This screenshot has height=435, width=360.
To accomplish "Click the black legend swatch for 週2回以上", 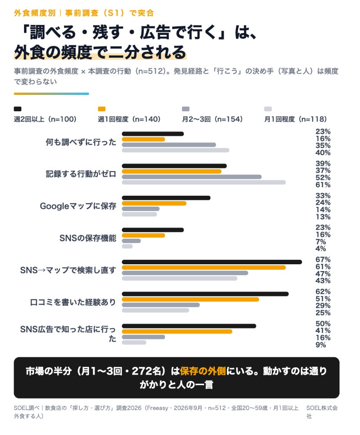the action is coord(17,109).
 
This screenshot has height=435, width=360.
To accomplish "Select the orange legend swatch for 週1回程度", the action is coord(102,109).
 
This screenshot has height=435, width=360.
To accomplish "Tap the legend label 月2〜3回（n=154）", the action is coord(213,119).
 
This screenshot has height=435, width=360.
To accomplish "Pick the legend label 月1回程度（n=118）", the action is coord(295,119).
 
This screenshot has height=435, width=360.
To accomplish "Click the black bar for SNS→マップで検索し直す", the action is coord(212,262).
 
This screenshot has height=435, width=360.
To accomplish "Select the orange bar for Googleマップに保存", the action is coord(154,203).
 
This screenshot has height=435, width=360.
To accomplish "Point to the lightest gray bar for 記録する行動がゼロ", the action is coord(204,182).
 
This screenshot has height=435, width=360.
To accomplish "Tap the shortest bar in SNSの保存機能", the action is coord(127,247).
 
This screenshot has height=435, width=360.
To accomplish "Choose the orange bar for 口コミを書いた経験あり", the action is coord(190,299).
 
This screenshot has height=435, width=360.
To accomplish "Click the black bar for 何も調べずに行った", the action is coord(153,133).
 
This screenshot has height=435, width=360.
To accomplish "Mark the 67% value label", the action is coord(323,260).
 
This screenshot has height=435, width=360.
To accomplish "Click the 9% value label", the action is coord(320,345).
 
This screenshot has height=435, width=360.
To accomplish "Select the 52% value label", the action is coord(323,178).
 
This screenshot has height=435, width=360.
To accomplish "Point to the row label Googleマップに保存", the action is coord(78,206).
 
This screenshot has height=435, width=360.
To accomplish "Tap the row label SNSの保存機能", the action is coord(88,238).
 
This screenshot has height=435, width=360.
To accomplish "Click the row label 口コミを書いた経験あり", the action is coord(73,302).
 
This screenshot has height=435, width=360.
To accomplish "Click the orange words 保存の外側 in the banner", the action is coord(203,371).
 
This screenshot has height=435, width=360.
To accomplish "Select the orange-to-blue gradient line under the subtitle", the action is coord(51,94).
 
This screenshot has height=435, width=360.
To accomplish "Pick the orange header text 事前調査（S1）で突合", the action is coord(110,13).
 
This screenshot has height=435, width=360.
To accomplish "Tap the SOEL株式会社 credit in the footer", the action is coord(322,412).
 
